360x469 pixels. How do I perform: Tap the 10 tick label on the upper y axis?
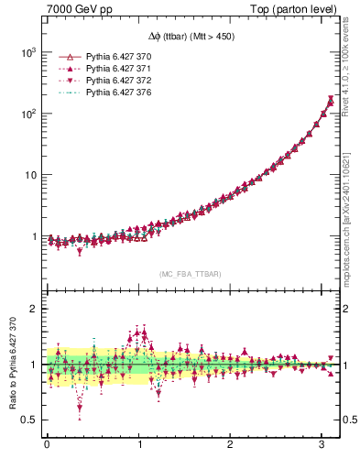pos(28,175)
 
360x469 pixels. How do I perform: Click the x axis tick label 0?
pos(47,447)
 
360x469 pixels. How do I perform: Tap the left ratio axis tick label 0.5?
pos(28,420)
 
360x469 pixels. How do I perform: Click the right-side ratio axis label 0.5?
pos(349,420)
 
